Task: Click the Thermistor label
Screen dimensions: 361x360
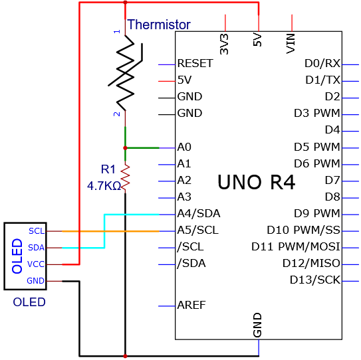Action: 159,25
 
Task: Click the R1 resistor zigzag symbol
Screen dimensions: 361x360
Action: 125,178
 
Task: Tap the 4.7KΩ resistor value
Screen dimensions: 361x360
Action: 104,186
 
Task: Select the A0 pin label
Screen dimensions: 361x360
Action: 184,147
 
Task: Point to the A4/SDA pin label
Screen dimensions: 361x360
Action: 199,213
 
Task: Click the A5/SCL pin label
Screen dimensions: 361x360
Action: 197,230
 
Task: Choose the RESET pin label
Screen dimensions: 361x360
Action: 195,63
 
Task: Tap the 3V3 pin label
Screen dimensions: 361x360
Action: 224,44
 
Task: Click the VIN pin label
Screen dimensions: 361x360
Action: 291,43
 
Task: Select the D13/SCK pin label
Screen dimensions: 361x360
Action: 315,280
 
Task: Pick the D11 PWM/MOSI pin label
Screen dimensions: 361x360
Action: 296,246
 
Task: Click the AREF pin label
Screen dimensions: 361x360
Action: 191,305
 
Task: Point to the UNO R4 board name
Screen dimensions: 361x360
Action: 256,182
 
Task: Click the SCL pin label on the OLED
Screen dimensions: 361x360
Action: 37,231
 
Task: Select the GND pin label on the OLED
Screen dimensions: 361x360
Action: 35,281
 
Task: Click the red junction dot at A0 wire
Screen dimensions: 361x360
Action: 125,148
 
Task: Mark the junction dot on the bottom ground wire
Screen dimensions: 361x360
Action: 125,356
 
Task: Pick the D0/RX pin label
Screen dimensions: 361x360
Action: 322,63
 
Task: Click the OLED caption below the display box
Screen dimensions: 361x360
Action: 29,302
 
